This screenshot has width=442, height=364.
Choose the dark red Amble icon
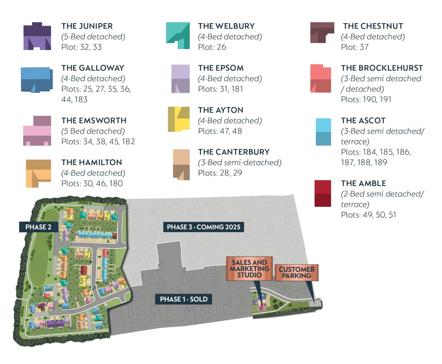[x=323, y=193]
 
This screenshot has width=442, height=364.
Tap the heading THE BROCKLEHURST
[x=381, y=68]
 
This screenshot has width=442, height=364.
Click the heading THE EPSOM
[x=221, y=68]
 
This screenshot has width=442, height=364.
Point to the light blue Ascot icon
[x=323, y=132]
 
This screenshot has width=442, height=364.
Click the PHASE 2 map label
[x=38, y=227]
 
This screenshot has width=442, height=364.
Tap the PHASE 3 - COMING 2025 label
[x=203, y=227]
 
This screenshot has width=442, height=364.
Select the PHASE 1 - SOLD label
[x=184, y=299]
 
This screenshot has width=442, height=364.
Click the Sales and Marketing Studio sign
[x=249, y=269]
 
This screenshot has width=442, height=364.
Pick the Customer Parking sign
[x=296, y=273]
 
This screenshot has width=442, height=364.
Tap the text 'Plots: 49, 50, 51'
[x=369, y=215]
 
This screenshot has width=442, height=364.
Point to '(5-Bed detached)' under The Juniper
[x=93, y=37]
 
